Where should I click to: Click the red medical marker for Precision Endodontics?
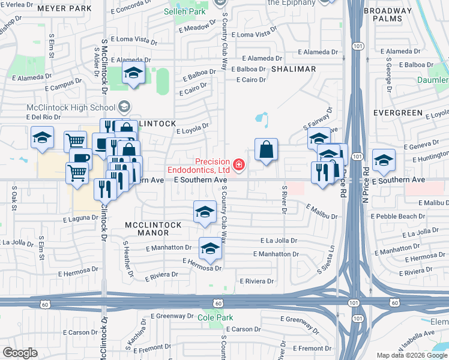tap(239, 164)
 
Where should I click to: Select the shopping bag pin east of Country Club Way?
tap(266, 150)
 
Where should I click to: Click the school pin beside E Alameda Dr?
tap(133, 74)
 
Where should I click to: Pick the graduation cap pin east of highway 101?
tap(384, 160)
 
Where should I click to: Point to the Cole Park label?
tap(215, 317)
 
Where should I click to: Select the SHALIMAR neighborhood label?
tap(294, 69)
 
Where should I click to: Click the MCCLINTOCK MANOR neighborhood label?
tap(153, 224)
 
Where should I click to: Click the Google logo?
tap(20, 353)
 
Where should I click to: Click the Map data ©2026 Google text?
tap(411, 355)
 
